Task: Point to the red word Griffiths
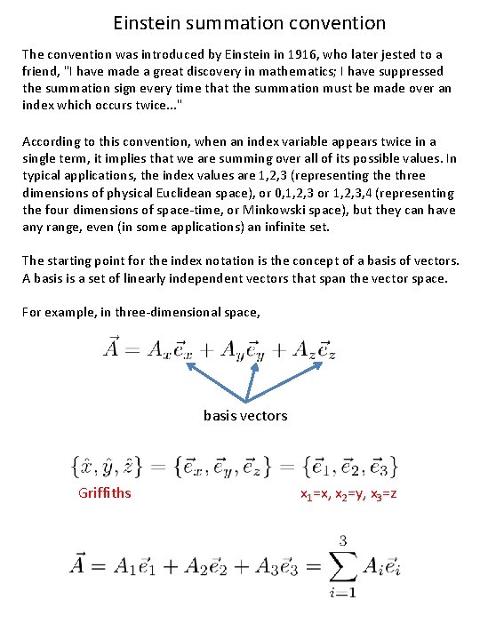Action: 105,492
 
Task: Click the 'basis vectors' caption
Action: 245,415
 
